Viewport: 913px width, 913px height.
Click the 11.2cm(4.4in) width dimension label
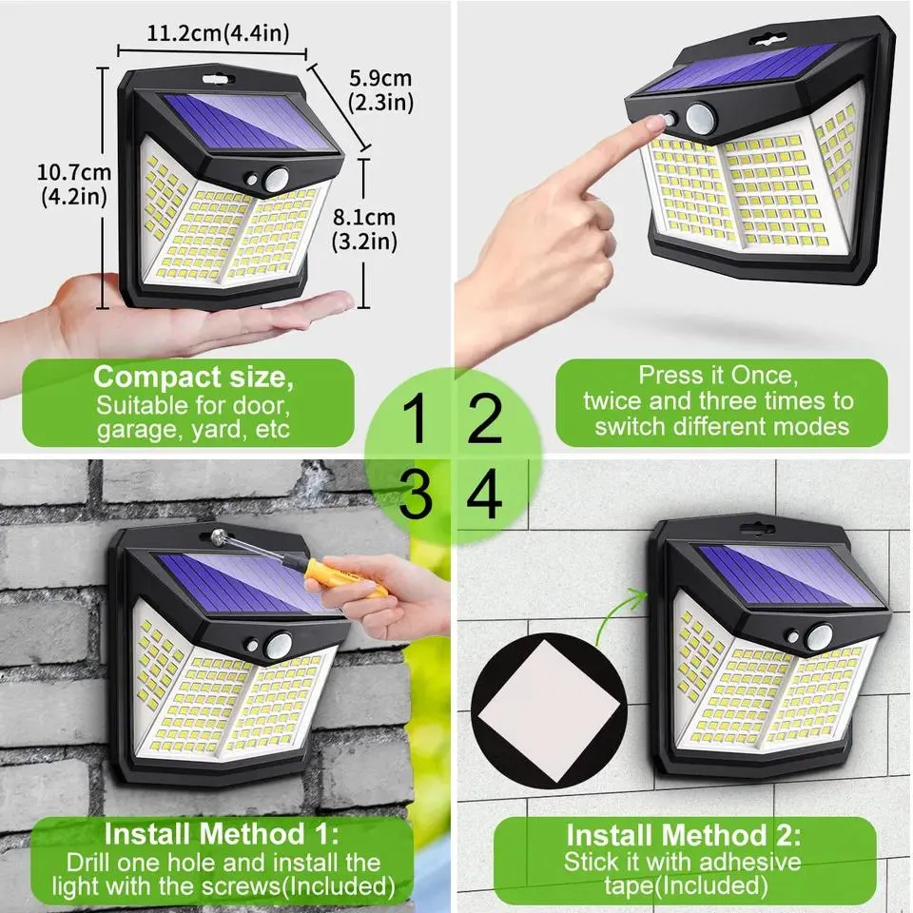click(218, 33)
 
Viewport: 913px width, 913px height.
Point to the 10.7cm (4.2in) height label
click(74, 185)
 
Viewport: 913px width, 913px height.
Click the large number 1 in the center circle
click(416, 420)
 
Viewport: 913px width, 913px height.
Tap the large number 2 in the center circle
click(485, 420)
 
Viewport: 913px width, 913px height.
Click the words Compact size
click(194, 377)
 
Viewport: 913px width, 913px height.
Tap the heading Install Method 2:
click(683, 836)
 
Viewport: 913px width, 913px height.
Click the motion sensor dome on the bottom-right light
click(819, 635)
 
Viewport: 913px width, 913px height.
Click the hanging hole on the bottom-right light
click(757, 527)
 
